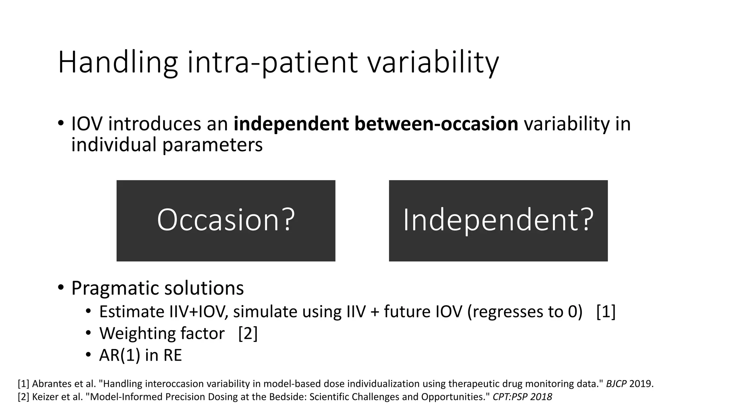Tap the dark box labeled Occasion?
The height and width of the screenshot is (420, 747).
pyautogui.click(x=226, y=221)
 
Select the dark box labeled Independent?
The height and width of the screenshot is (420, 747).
pyautogui.click(x=498, y=221)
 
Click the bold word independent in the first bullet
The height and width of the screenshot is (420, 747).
pyautogui.click(x=291, y=124)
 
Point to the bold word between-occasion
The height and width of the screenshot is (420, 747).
pyautogui.click(x=436, y=124)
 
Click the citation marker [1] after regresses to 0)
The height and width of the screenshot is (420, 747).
pyautogui.click(x=606, y=312)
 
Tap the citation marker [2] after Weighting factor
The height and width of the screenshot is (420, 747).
pyautogui.click(x=248, y=334)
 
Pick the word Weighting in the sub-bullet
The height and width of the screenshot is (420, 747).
pyautogui.click(x=131, y=334)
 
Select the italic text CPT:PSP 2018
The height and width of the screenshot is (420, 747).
pyautogui.click(x=522, y=397)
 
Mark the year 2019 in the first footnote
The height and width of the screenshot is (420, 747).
pyautogui.click(x=641, y=384)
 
